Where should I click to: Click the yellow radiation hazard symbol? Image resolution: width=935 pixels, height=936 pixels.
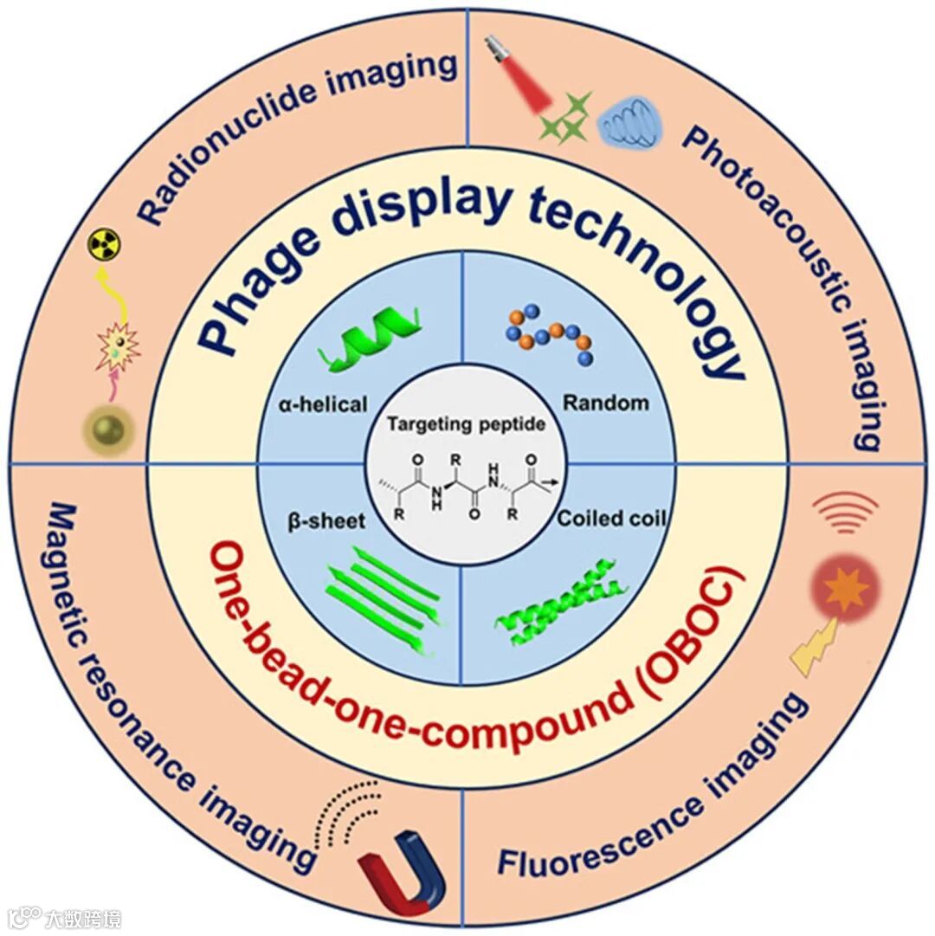coord(106,244)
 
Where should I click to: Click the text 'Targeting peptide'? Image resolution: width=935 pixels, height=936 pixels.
coord(466,424)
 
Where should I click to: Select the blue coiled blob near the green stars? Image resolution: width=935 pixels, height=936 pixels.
coord(635,122)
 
